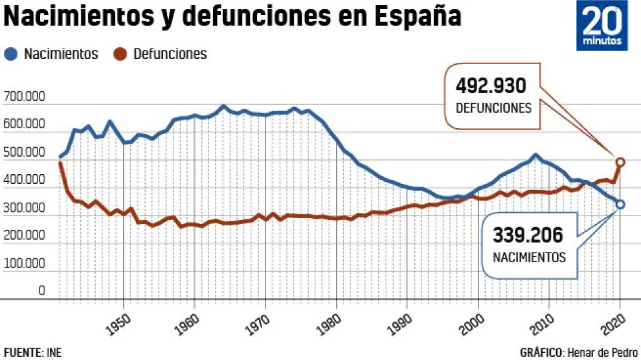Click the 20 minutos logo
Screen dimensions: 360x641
603,26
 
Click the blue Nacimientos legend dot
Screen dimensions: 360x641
12,54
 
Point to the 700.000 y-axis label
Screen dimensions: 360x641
24,97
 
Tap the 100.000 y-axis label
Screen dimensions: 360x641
24,264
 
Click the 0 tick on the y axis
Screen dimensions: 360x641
41,291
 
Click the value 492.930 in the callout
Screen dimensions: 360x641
491,86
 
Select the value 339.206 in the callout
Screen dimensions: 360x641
528,235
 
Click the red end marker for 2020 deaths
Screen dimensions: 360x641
620,162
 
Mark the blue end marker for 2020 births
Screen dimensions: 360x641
620,205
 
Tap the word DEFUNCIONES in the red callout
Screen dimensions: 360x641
493,108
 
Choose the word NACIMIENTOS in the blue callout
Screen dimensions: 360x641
529,257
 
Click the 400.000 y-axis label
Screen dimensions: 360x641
24,181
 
